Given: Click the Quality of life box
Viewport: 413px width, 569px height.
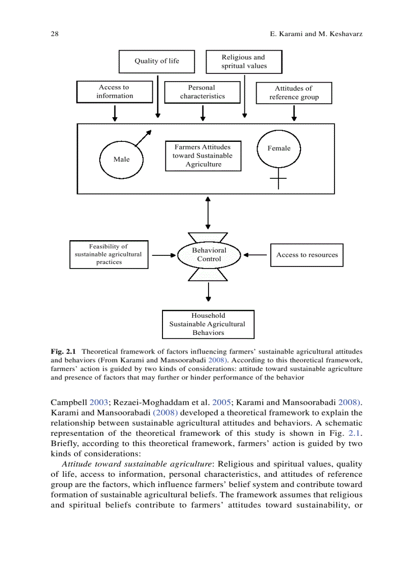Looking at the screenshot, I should click(x=156, y=61).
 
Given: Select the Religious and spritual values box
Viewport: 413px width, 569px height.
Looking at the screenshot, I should click(x=243, y=62).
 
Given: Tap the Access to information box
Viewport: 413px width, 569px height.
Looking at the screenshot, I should click(x=115, y=92).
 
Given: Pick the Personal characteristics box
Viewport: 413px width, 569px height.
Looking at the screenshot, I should click(x=202, y=92).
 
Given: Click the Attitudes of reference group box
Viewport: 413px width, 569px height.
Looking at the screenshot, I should click(x=294, y=93).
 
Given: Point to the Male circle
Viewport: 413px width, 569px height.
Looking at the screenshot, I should click(x=121, y=159).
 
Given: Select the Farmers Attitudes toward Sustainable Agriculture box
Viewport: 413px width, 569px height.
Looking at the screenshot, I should click(x=203, y=156).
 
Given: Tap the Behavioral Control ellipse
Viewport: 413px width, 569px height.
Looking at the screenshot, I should click(x=209, y=254).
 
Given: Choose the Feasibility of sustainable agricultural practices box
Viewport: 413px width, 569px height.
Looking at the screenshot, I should click(x=108, y=254).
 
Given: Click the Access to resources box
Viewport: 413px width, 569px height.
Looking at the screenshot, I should click(x=307, y=255).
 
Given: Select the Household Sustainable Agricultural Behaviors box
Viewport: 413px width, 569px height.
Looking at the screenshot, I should click(x=208, y=324).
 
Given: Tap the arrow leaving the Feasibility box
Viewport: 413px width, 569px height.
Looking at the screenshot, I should click(x=163, y=255).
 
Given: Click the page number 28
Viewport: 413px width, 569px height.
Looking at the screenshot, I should click(x=55, y=34).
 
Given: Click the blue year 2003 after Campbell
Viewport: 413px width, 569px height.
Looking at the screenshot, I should click(x=99, y=403).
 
